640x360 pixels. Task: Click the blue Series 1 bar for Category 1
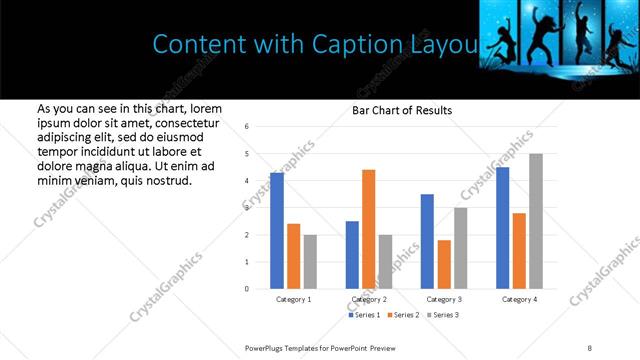point(277,231)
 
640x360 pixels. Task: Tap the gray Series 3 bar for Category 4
point(536,221)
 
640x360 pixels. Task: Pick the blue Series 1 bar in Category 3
point(427,241)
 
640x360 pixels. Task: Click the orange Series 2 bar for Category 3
point(444,264)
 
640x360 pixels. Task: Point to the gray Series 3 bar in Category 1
point(310,262)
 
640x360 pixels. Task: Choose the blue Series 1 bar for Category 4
point(502,228)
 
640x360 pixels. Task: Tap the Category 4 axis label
point(519,300)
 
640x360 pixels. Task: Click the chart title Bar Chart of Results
point(402,110)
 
